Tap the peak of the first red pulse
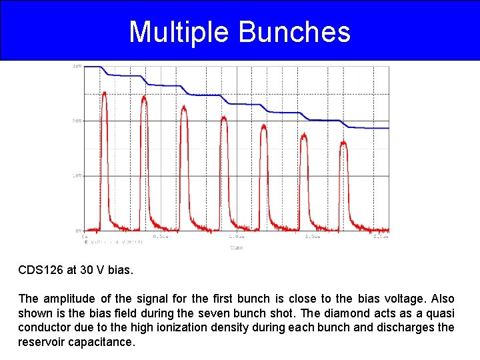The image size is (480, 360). [104, 93]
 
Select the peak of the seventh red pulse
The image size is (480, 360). [343, 141]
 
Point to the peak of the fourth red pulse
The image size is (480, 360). [224, 118]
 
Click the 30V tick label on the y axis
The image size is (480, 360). [77, 67]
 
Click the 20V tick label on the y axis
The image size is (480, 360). [77, 121]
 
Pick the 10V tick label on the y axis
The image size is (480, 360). [77, 176]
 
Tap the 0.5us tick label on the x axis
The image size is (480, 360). [161, 237]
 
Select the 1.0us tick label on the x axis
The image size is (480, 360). [236, 237]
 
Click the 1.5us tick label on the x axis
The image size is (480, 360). [312, 237]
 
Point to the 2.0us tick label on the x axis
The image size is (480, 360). [381, 237]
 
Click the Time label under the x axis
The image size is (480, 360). [237, 247]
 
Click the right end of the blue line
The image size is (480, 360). [388, 128]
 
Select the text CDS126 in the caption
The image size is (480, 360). [41, 271]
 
